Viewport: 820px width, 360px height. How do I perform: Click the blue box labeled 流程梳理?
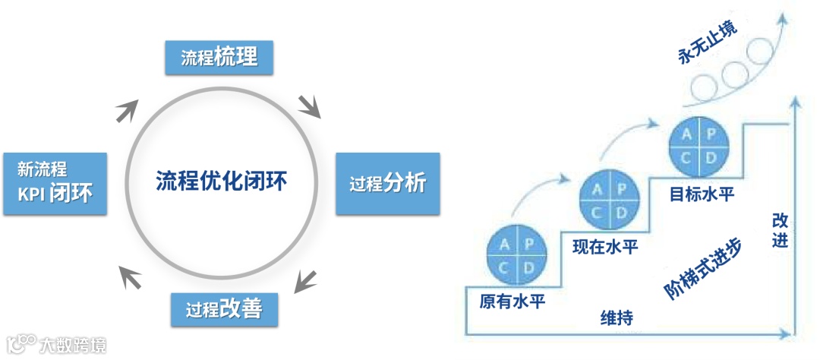[x=219, y=57]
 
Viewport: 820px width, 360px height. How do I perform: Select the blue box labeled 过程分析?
[x=387, y=184]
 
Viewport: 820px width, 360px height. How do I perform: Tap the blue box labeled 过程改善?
[x=224, y=309]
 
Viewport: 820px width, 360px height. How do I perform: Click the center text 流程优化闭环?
[x=222, y=182]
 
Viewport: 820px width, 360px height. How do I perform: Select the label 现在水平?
[x=605, y=246]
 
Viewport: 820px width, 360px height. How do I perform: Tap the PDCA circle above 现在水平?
[x=607, y=201]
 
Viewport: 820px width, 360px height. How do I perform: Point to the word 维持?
[x=617, y=317]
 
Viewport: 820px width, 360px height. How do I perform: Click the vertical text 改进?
[x=780, y=231]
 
